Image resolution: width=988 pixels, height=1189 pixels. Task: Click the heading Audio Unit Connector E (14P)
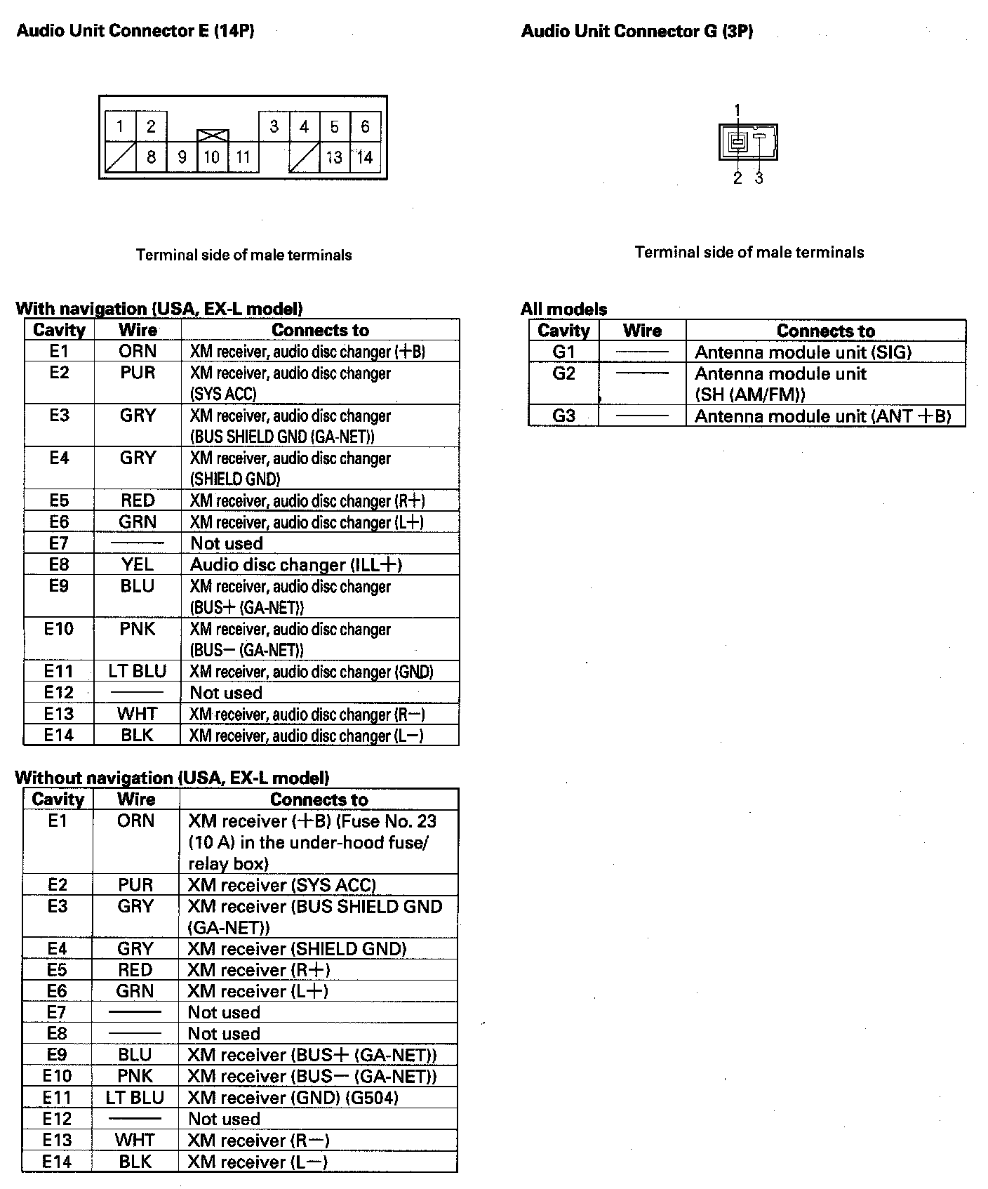coord(135,31)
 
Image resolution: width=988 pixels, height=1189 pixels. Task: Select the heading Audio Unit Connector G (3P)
coord(637,31)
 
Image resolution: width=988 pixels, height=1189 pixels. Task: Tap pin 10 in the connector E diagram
coord(212,157)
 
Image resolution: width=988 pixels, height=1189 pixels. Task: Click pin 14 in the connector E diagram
coord(365,157)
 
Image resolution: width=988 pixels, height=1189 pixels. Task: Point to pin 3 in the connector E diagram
coord(274,126)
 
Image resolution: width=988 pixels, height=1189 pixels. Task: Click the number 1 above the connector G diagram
coord(737,109)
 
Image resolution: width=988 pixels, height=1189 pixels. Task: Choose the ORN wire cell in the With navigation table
coord(138,351)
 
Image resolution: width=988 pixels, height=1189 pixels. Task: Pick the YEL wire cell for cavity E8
coord(138,564)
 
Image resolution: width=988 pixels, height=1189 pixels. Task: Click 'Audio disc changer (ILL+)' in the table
coord(295,565)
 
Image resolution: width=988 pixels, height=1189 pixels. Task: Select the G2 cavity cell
coord(563,373)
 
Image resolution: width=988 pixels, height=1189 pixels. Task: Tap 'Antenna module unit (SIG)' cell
coord(803,352)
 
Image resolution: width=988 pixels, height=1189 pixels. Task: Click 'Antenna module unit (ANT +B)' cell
coord(822,416)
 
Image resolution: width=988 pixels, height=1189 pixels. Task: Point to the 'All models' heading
coord(563,309)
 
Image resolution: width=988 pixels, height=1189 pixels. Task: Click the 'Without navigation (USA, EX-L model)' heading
coord(172,778)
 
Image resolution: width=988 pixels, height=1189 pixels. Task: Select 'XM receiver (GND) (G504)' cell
coord(293,1098)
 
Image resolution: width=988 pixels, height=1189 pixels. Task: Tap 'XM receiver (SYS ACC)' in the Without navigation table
coord(281,885)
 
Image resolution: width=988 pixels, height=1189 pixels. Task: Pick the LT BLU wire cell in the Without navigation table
coord(135,1098)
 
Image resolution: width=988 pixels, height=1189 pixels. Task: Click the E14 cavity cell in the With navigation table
coord(59,735)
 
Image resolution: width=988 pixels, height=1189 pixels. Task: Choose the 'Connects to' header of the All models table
coord(825,331)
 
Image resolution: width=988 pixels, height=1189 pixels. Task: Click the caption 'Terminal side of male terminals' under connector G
coord(749,252)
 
